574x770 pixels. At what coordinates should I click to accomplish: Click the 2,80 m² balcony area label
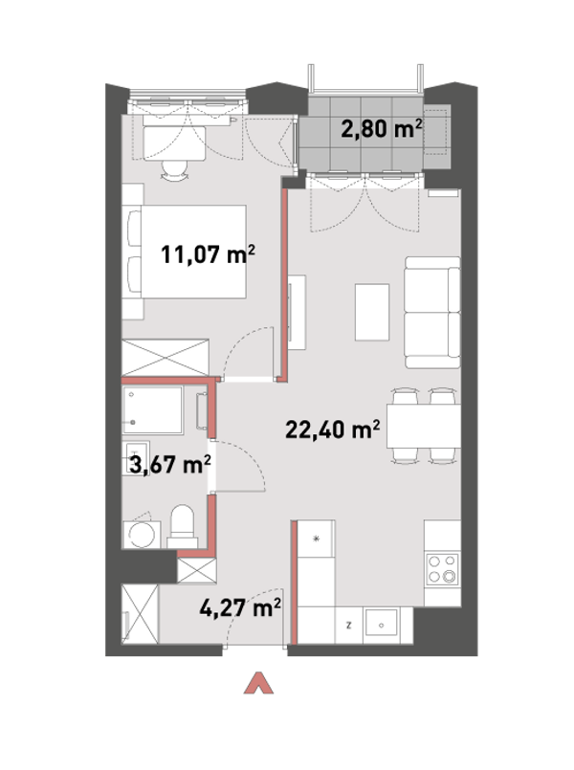click(x=381, y=129)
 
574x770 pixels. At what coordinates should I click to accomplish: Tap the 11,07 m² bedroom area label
click(x=209, y=254)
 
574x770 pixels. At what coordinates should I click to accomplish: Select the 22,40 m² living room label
click(x=332, y=429)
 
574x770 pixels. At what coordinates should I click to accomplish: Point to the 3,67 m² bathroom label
click(x=170, y=464)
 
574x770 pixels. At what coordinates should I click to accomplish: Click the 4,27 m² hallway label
click(x=240, y=607)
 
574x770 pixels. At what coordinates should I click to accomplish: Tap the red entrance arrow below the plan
click(x=258, y=683)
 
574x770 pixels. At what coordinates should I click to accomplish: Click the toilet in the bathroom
click(x=183, y=526)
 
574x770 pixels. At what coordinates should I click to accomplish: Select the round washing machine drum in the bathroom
click(x=142, y=535)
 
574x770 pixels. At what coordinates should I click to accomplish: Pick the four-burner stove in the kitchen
click(x=442, y=570)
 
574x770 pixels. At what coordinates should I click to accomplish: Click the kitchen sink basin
click(x=381, y=625)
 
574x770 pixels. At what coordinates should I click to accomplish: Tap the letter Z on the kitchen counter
click(x=348, y=626)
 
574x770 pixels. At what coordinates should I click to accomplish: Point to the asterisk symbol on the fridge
click(x=317, y=539)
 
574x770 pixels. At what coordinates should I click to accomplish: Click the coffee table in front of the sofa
click(x=372, y=313)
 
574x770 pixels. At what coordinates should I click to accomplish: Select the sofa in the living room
click(x=432, y=313)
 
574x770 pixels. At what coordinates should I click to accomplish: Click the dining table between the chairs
click(x=423, y=426)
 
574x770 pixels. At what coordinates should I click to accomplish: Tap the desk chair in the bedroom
click(x=174, y=171)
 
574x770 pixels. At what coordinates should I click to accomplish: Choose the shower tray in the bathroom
click(x=153, y=410)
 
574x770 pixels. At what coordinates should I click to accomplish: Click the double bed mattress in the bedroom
click(x=193, y=252)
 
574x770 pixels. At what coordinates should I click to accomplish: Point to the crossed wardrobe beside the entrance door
click(x=140, y=614)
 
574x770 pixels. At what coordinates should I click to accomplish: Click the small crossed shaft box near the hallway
click(x=196, y=571)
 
